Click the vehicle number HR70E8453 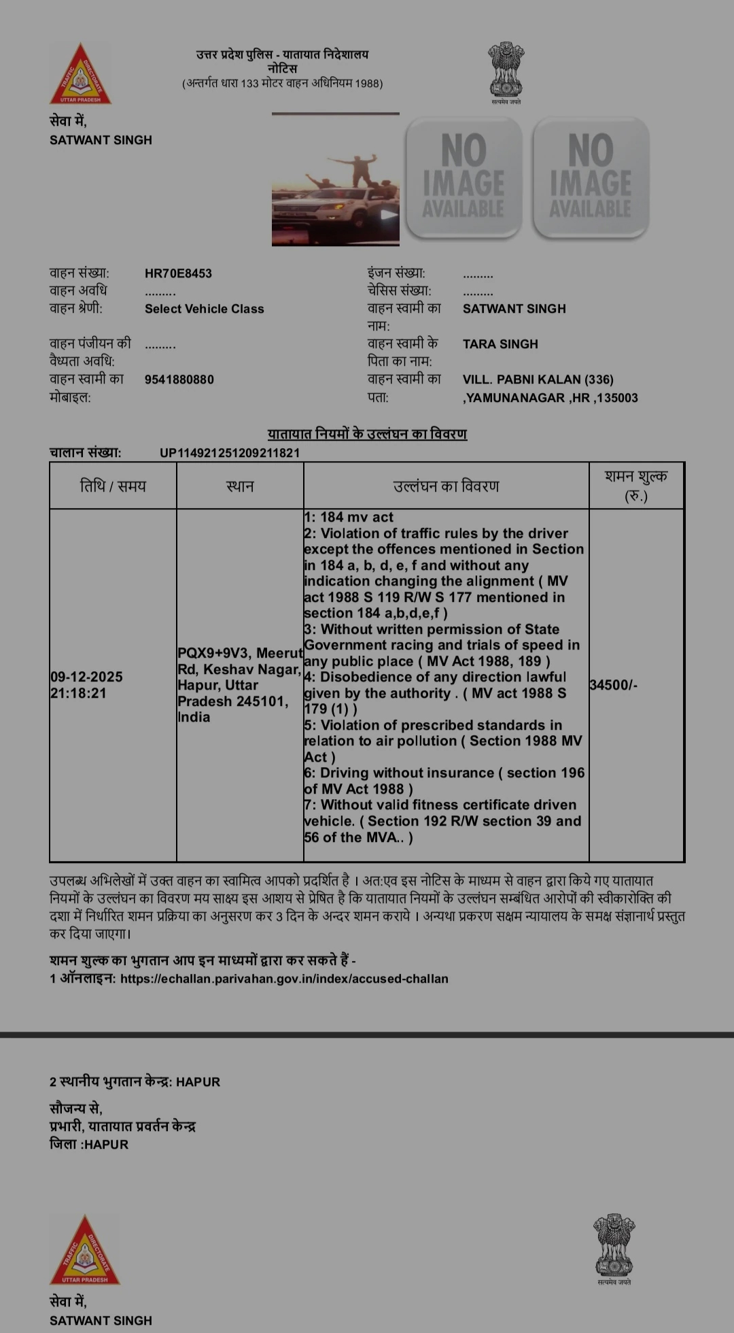tap(178, 273)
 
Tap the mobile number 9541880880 tap(179, 379)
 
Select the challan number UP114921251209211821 tap(230, 453)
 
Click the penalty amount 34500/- tap(613, 685)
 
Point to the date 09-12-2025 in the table tap(86, 677)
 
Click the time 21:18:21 tap(78, 693)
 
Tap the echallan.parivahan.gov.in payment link tap(284, 979)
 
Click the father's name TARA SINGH tap(500, 344)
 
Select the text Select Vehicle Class tap(204, 309)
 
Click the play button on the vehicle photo tap(389, 215)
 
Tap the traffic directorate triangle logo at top tap(80, 74)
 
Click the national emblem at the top tap(506, 70)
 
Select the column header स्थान tap(240, 486)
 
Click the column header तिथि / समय tap(113, 486)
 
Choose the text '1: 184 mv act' tap(349, 518)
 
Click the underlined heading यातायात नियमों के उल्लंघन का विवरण tap(367, 434)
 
